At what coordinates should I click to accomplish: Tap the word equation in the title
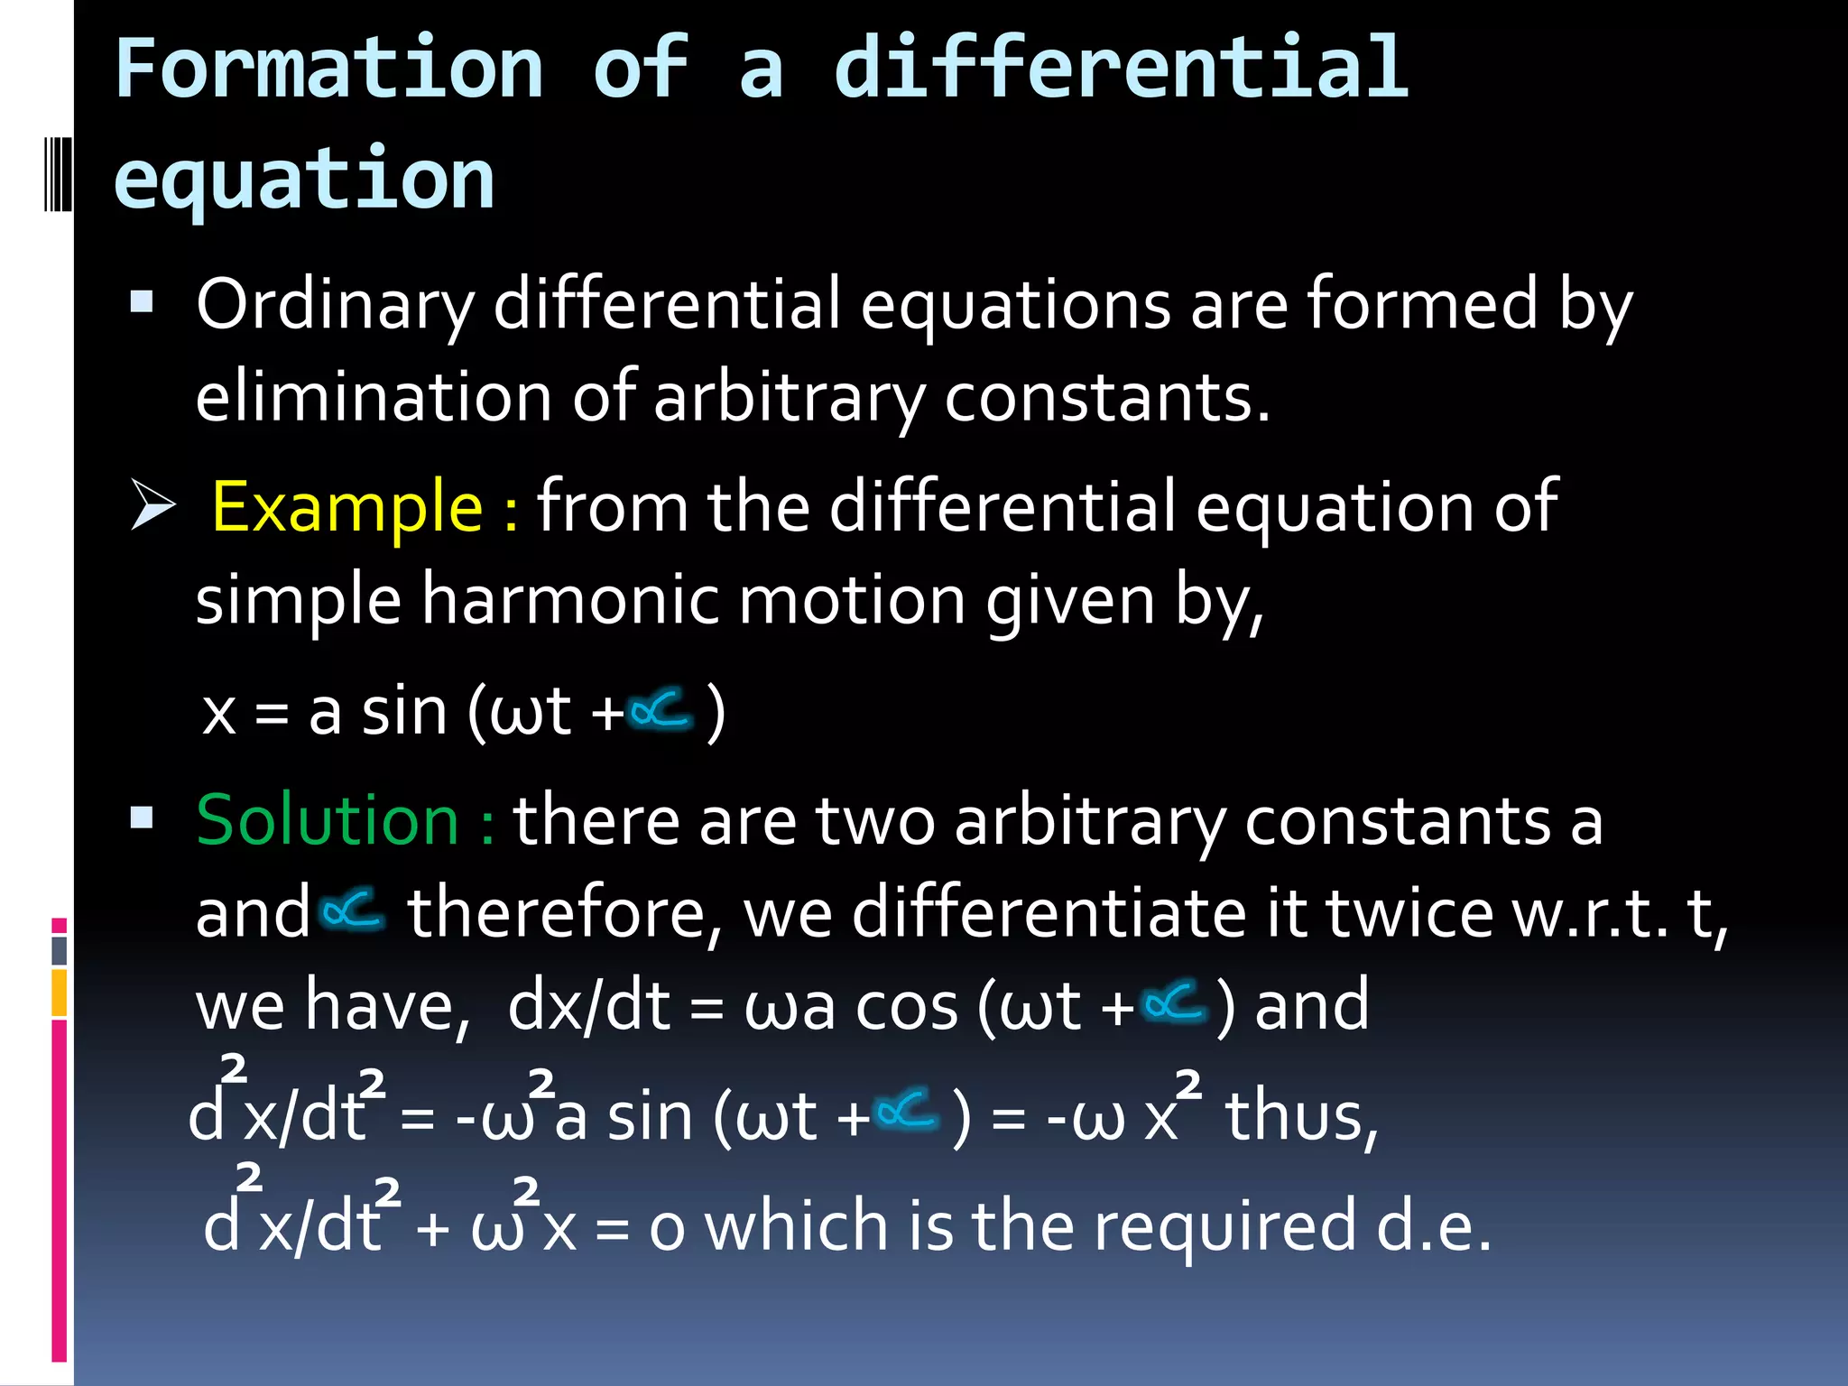click(x=304, y=179)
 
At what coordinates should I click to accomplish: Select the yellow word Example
click(x=347, y=507)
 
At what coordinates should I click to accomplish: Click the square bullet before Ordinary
click(x=142, y=300)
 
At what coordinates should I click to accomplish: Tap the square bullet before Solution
click(x=142, y=818)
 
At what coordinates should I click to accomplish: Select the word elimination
click(x=374, y=398)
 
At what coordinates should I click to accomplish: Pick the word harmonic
click(x=570, y=601)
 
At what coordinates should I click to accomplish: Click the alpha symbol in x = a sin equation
click(x=661, y=710)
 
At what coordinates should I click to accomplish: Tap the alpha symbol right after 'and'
click(x=353, y=910)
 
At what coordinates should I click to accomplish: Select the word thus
click(x=1300, y=1117)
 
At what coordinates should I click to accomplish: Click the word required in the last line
click(x=1224, y=1228)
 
